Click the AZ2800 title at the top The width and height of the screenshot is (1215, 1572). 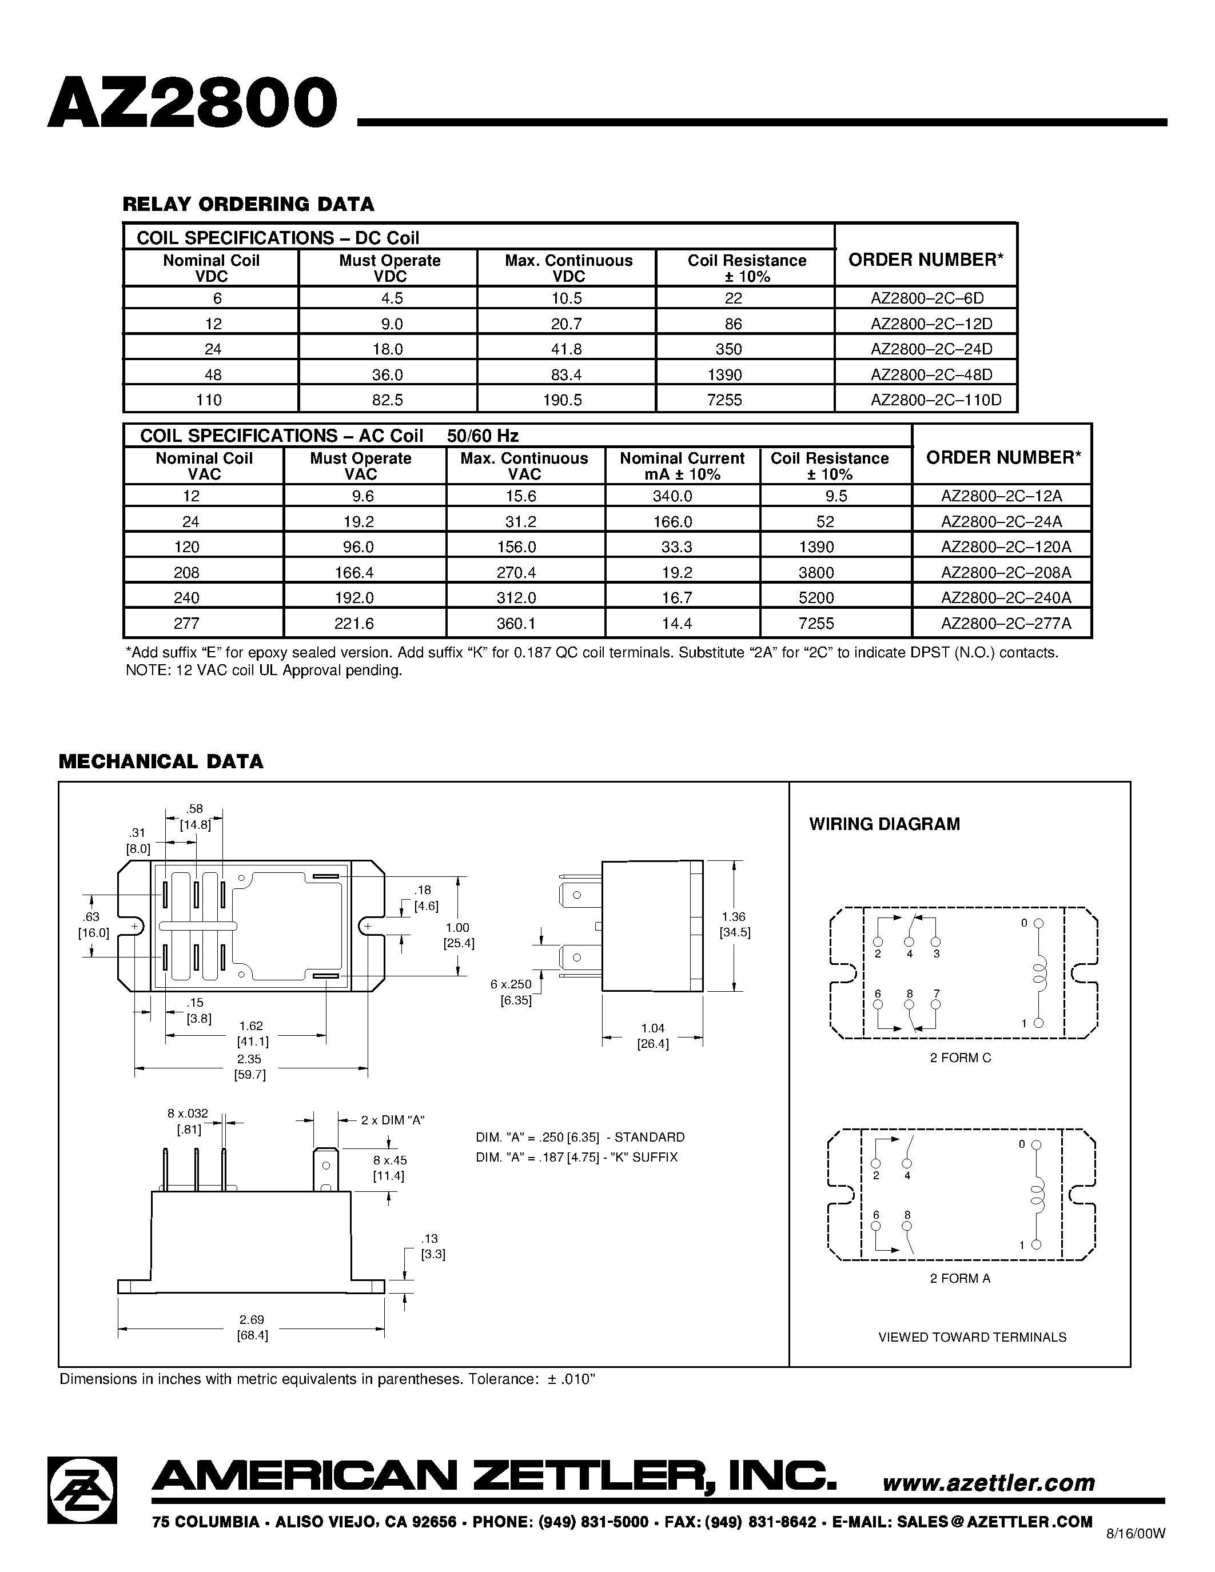tap(193, 103)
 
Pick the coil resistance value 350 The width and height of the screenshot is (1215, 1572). tap(728, 349)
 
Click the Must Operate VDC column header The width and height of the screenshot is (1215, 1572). tap(389, 268)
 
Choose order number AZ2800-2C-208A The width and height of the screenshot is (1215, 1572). tap(1006, 572)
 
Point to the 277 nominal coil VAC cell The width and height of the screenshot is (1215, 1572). tap(186, 623)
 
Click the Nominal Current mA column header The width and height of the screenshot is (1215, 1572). tap(682, 466)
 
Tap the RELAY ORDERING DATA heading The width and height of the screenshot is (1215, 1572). tap(248, 205)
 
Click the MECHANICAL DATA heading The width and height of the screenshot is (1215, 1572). tap(161, 761)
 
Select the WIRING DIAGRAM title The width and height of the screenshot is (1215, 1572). tap(885, 824)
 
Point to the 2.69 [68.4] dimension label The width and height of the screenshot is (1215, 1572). tap(252, 1327)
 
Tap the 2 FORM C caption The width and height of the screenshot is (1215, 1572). tap(960, 1058)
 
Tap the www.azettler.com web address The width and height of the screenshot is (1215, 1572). tap(988, 1483)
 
